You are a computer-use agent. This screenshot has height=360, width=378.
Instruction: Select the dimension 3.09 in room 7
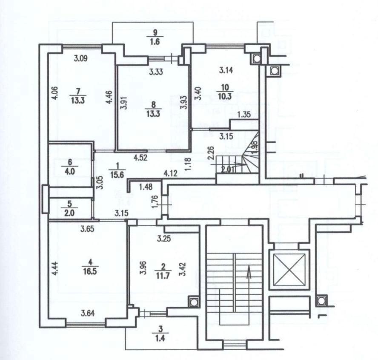click(x=80, y=59)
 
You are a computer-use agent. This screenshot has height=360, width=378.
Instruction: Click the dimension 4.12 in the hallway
click(x=171, y=173)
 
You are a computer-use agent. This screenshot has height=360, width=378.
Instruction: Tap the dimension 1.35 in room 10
click(x=244, y=114)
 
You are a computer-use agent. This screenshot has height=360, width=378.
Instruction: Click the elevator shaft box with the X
click(x=290, y=270)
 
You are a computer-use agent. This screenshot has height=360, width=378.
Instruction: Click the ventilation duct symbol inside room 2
click(x=194, y=302)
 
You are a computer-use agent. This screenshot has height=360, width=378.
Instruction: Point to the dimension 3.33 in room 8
click(x=157, y=72)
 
